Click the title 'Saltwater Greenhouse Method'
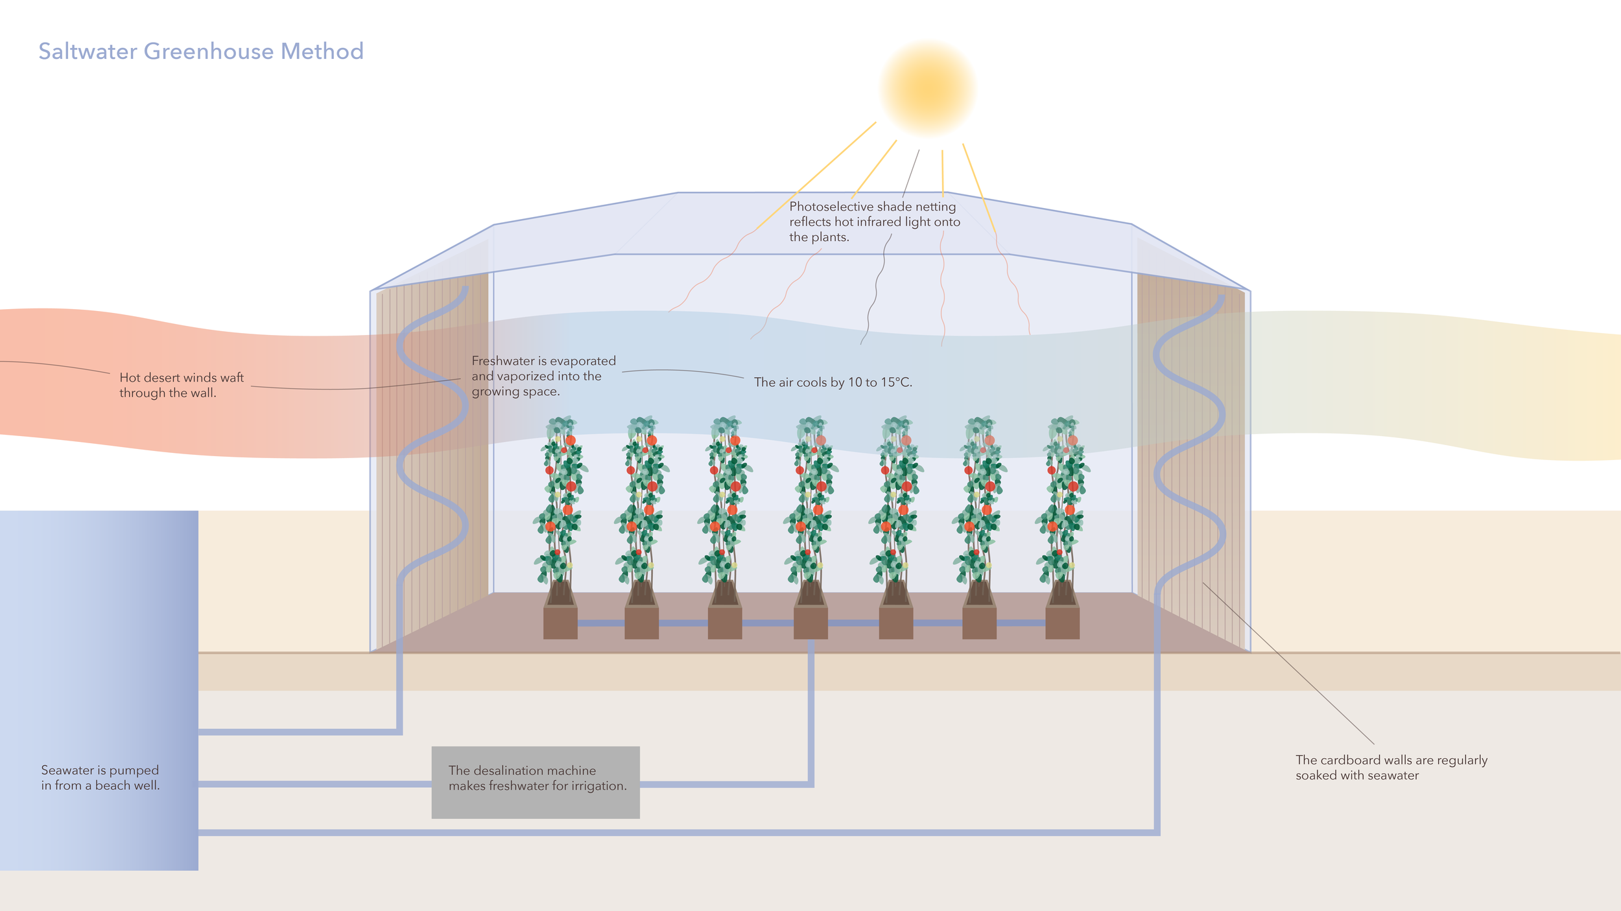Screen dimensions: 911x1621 click(x=200, y=51)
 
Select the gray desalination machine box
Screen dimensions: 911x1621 click(x=536, y=782)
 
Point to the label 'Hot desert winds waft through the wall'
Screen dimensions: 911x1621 click(x=181, y=385)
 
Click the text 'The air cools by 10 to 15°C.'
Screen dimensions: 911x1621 click(x=833, y=382)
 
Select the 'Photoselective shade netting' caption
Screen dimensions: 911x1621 click(x=874, y=222)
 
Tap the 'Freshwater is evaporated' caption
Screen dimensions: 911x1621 click(x=543, y=376)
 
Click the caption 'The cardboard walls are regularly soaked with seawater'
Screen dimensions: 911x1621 click(x=1391, y=767)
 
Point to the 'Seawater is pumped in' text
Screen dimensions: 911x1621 click(x=100, y=778)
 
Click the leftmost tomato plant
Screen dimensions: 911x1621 click(x=560, y=499)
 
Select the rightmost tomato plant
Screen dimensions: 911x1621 click(x=1063, y=499)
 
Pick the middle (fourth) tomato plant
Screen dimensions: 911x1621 click(x=810, y=499)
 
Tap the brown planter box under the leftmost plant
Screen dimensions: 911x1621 click(x=560, y=623)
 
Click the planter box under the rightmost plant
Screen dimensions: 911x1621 click(x=1062, y=623)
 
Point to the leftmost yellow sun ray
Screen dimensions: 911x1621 click(x=817, y=175)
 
